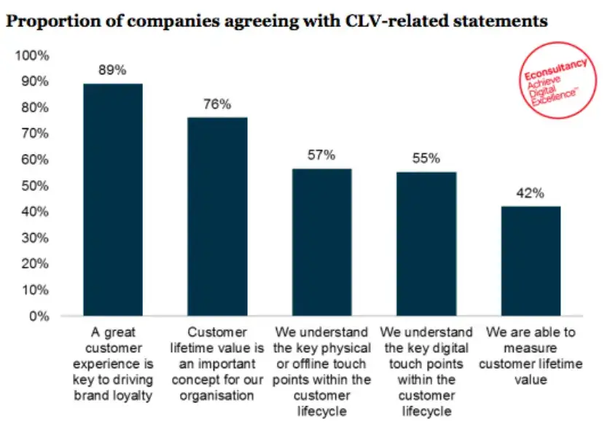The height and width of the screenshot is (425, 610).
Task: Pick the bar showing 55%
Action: point(426,244)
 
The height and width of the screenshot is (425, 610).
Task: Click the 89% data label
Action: point(113,71)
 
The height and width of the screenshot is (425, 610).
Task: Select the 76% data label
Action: point(217,104)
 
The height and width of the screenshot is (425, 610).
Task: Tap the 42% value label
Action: point(531,193)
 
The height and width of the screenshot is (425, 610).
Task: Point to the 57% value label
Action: point(321,155)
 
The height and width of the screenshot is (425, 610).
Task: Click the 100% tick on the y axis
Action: point(34,55)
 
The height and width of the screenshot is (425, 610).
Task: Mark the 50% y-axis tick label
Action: point(36,186)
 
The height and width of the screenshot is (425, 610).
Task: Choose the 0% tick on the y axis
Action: point(39,316)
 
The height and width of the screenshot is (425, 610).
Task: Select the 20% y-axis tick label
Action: point(36,264)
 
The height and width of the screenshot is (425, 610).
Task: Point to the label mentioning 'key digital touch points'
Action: point(426,373)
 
